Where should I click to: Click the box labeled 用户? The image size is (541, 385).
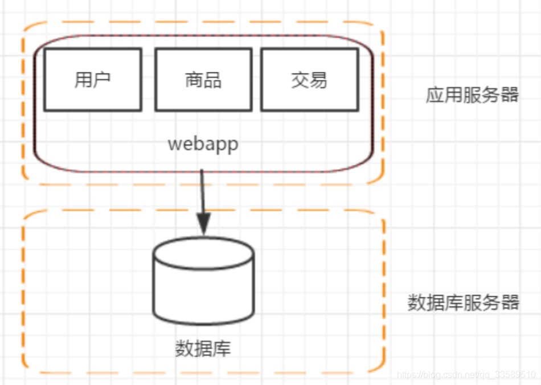point(92,80)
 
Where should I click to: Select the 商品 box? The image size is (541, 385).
point(203,80)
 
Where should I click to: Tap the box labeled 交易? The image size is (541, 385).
point(309,80)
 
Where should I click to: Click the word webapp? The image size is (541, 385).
point(203,144)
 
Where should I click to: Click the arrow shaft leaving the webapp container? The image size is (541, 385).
point(203,191)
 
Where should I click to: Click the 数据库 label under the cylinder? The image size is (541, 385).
point(203,348)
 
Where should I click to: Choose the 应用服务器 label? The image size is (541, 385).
point(472,95)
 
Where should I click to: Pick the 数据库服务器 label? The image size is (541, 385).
point(464,302)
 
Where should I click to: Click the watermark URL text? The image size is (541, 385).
point(466,375)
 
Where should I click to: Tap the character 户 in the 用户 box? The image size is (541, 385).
point(101,80)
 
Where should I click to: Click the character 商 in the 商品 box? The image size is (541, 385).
point(194,80)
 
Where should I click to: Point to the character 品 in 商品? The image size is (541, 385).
point(212,80)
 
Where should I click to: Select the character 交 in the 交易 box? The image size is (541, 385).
point(300,80)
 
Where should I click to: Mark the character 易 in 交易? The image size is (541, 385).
point(319,80)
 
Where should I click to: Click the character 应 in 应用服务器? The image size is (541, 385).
point(435,95)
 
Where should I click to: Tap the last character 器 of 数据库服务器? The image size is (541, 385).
point(510,302)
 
